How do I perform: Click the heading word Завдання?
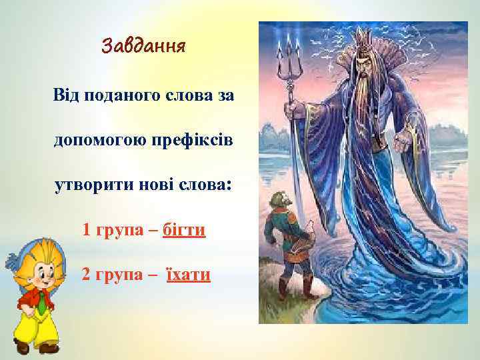[x=143, y=47]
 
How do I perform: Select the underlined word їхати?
[x=188, y=274]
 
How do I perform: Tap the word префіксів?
[x=193, y=141]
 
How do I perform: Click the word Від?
[x=67, y=96]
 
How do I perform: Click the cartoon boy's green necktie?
[x=41, y=304]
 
